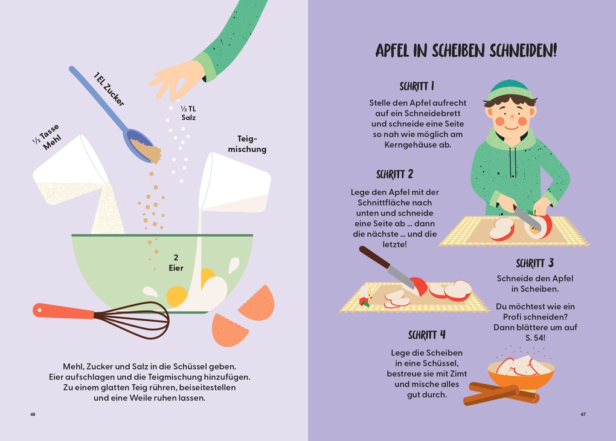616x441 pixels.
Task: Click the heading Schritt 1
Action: pyautogui.click(x=417, y=86)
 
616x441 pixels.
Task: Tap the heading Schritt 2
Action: pyautogui.click(x=394, y=174)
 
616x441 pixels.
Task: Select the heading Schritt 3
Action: pyautogui.click(x=534, y=263)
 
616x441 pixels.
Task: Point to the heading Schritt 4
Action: pyautogui.click(x=426, y=335)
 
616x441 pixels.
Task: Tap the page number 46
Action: pyautogui.click(x=33, y=414)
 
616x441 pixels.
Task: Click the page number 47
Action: pyautogui.click(x=583, y=414)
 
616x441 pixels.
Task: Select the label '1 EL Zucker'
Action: pyautogui.click(x=109, y=90)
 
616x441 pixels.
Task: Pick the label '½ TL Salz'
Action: pyautogui.click(x=188, y=113)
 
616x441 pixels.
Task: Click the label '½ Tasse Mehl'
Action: pyautogui.click(x=48, y=137)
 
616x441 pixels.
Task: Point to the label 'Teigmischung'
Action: pyautogui.click(x=247, y=144)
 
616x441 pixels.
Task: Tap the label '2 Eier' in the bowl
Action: pyautogui.click(x=176, y=263)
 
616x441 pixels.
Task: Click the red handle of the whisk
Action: pyautogui.click(x=63, y=311)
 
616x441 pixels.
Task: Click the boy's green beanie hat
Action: pyautogui.click(x=510, y=90)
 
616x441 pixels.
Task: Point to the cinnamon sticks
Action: pyautogui.click(x=500, y=393)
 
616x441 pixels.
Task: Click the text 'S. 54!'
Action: pyautogui.click(x=535, y=338)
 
